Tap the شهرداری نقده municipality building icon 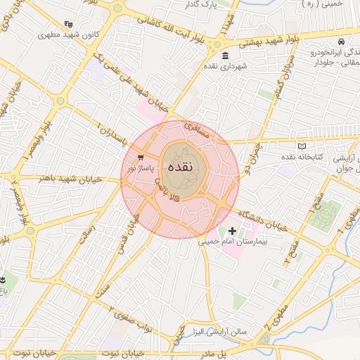(x=224, y=56)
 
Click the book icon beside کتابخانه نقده (x=302, y=146)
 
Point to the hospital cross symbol (x=233, y=231)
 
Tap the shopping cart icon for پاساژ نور (x=141, y=157)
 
